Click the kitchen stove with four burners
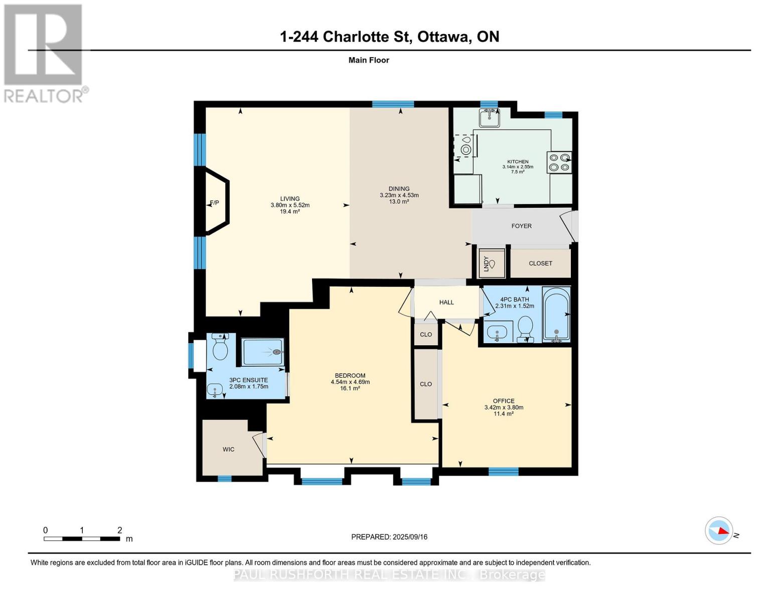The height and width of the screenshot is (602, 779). click(x=559, y=163)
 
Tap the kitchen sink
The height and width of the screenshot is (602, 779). click(x=490, y=117)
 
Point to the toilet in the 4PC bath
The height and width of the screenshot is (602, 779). click(x=526, y=329)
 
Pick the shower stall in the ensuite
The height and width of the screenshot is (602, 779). click(x=263, y=352)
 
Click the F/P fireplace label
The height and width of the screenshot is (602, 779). click(x=214, y=203)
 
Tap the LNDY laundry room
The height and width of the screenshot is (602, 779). click(x=492, y=263)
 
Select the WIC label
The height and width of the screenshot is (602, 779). click(x=228, y=449)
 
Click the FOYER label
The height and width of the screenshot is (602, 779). click(x=521, y=226)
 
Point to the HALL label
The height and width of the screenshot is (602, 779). click(x=446, y=303)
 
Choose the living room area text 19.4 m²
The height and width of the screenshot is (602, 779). click(x=289, y=212)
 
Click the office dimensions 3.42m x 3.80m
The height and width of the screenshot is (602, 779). click(x=504, y=407)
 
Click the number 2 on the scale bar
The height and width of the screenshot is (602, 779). click(x=120, y=530)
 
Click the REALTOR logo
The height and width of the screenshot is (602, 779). click(x=45, y=53)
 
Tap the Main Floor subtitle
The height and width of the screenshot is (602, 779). click(x=369, y=60)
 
